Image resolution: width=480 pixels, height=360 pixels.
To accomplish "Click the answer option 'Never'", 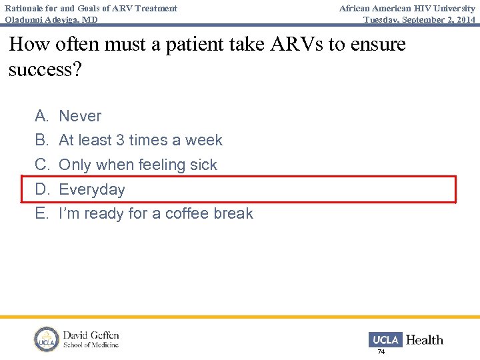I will pyautogui.click(x=80, y=116).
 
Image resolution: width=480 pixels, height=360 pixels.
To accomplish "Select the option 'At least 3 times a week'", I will pyautogui.click(x=141, y=140).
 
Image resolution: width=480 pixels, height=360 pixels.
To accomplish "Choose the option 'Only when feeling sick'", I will pyautogui.click(x=138, y=165).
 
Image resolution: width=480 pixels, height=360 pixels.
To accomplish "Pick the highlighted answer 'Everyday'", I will pyautogui.click(x=92, y=189).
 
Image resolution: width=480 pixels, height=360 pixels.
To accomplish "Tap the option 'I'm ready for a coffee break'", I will pyautogui.click(x=156, y=213).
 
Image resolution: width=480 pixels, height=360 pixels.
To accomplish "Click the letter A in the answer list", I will pyautogui.click(x=41, y=116).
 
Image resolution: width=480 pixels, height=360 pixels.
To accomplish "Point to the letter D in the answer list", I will pyautogui.click(x=42, y=189).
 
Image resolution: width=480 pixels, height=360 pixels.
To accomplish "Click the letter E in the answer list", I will pyautogui.click(x=41, y=213).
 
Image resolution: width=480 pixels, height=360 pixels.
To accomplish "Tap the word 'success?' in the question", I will pyautogui.click(x=45, y=69).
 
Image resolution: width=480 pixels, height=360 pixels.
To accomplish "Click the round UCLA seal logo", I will pyautogui.click(x=47, y=339).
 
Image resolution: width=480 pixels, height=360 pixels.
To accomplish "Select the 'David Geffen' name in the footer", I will pyautogui.click(x=91, y=335).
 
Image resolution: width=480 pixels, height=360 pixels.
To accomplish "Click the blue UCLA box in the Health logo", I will pyautogui.click(x=385, y=339).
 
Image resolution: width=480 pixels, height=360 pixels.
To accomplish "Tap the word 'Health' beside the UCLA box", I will pyautogui.click(x=424, y=340).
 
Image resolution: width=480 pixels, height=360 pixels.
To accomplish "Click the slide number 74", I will pyautogui.click(x=381, y=351).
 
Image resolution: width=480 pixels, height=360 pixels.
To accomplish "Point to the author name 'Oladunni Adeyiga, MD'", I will pyautogui.click(x=51, y=20).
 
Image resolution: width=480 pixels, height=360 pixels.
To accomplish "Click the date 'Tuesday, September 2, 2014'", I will pyautogui.click(x=419, y=20).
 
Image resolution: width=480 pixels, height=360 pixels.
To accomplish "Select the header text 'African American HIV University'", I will pyautogui.click(x=407, y=8).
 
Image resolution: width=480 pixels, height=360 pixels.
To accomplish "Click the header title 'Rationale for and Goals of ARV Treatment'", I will pyautogui.click(x=91, y=8).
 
